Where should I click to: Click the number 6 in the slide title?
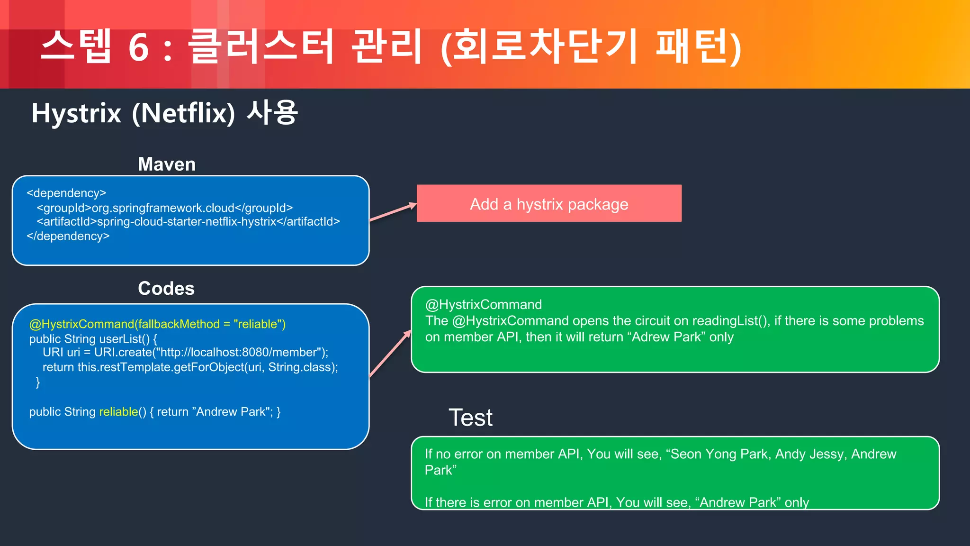tap(138, 48)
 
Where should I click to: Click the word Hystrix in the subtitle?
tap(76, 114)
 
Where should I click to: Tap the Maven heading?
tap(167, 164)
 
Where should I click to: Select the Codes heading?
tap(166, 289)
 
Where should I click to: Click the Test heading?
tap(470, 418)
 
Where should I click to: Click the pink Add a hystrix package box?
tap(549, 204)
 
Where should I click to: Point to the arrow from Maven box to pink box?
tap(392, 212)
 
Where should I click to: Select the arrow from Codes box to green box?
tap(390, 354)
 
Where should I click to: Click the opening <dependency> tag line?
tap(66, 193)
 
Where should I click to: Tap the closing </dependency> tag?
tap(68, 236)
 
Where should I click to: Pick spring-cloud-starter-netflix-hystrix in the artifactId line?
tap(187, 222)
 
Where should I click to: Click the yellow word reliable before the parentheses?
tap(118, 412)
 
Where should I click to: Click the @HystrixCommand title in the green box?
tap(484, 305)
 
